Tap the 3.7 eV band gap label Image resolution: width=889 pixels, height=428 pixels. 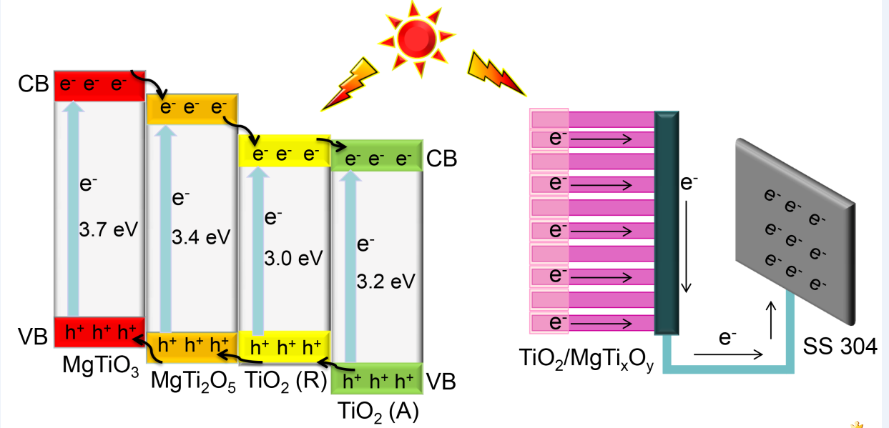click(108, 231)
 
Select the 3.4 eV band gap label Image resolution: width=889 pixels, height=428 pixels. click(201, 237)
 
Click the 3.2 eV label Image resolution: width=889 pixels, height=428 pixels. click(385, 281)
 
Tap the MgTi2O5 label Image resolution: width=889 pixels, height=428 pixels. click(192, 379)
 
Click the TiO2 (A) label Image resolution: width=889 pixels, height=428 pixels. click(377, 412)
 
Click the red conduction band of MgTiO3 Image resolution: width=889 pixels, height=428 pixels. click(100, 85)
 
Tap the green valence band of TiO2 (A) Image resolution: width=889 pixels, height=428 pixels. click(377, 379)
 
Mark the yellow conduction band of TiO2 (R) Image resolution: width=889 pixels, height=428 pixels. click(284, 151)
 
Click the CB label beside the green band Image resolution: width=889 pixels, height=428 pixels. click(441, 159)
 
